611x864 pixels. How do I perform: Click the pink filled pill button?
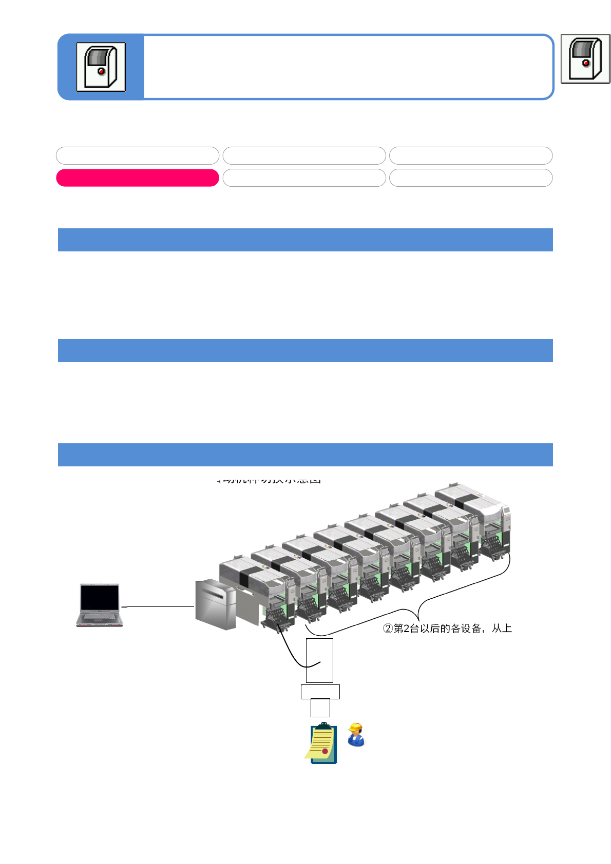[137, 178]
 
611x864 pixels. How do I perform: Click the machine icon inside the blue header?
[101, 67]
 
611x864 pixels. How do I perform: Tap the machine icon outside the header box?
[585, 58]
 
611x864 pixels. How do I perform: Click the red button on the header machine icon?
[101, 71]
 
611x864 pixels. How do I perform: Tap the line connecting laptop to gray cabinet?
[158, 606]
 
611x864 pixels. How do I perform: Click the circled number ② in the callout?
[388, 629]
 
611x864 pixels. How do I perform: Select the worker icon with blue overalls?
[356, 735]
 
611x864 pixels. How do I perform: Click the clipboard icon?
[322, 743]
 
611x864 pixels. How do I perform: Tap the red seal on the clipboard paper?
[325, 751]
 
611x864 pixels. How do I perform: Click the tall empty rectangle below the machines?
[319, 660]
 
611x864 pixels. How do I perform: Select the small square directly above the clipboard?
[320, 708]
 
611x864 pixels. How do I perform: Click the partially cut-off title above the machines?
[269, 480]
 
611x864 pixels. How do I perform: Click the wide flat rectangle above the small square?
[320, 692]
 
